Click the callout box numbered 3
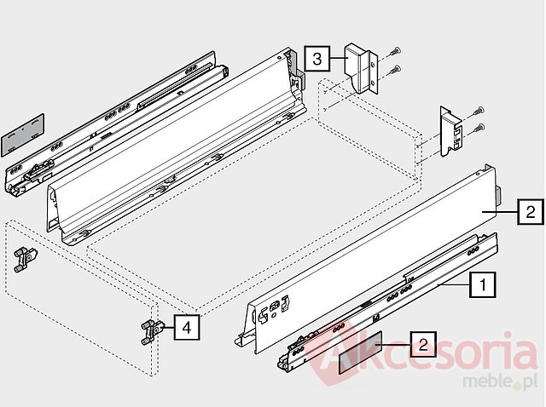(317, 59)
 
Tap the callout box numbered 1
(483, 285)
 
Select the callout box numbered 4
(187, 327)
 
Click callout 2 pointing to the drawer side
(531, 211)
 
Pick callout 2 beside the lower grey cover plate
(423, 344)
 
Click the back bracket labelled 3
(361, 68)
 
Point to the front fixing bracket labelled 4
(152, 332)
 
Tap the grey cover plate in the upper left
(23, 135)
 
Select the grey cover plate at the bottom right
(360, 353)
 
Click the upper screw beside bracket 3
(395, 51)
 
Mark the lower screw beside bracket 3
(395, 70)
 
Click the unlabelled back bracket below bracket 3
(450, 131)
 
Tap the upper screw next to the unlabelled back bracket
(478, 111)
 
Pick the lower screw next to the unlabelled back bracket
(478, 129)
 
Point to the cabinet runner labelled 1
(387, 302)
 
